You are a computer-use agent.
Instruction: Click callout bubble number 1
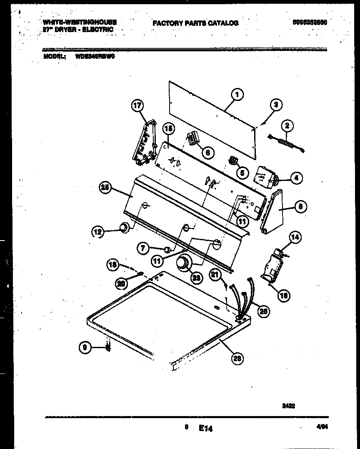236,95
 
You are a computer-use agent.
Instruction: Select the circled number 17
137,106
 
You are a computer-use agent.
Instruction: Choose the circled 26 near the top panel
237,358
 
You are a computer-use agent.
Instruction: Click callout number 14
295,238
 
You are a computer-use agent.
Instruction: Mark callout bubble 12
98,231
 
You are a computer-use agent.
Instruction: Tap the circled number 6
208,153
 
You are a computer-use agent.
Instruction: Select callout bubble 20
121,283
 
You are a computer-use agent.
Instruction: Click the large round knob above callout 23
183,263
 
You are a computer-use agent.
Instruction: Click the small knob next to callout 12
123,228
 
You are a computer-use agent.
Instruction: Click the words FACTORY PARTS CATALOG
195,23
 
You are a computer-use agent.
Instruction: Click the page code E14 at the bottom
205,428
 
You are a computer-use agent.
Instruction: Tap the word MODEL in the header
55,57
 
